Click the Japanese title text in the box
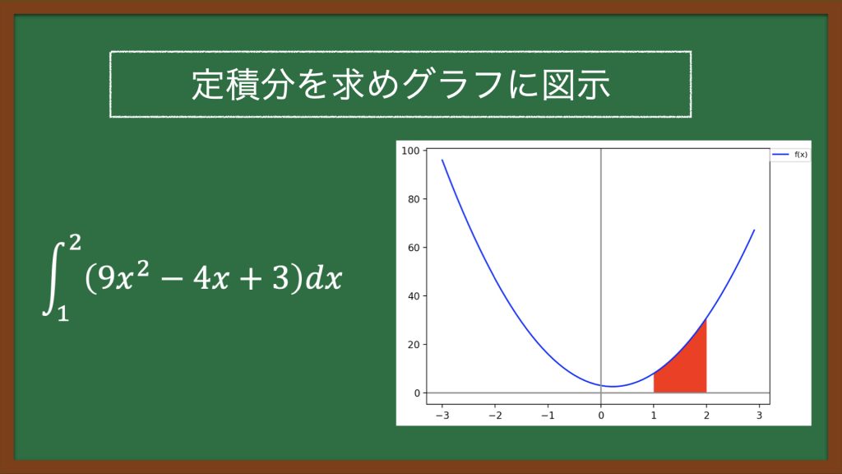[400, 85]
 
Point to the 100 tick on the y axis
[411, 151]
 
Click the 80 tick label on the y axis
[414, 199]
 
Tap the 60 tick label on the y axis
[414, 248]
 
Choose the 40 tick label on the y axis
[414, 296]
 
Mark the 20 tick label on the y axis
[414, 345]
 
